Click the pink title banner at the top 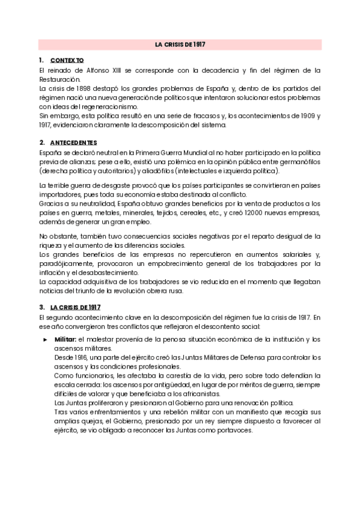(180, 45)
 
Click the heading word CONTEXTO (67, 61)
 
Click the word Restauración (58, 79)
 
